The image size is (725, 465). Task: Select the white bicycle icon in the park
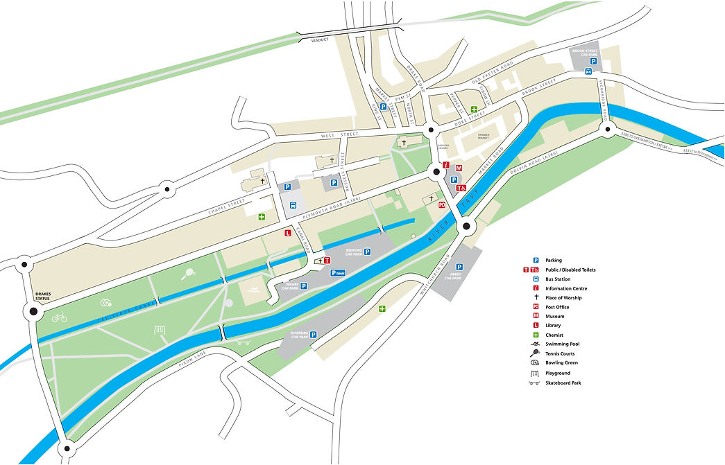(x=59, y=317)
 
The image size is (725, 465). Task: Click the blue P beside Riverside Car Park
(x=313, y=335)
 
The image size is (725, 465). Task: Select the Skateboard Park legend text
(x=562, y=383)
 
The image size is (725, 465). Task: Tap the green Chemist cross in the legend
(x=536, y=335)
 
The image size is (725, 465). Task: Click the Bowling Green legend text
(x=561, y=362)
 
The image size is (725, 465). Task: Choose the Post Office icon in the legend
(x=536, y=307)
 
